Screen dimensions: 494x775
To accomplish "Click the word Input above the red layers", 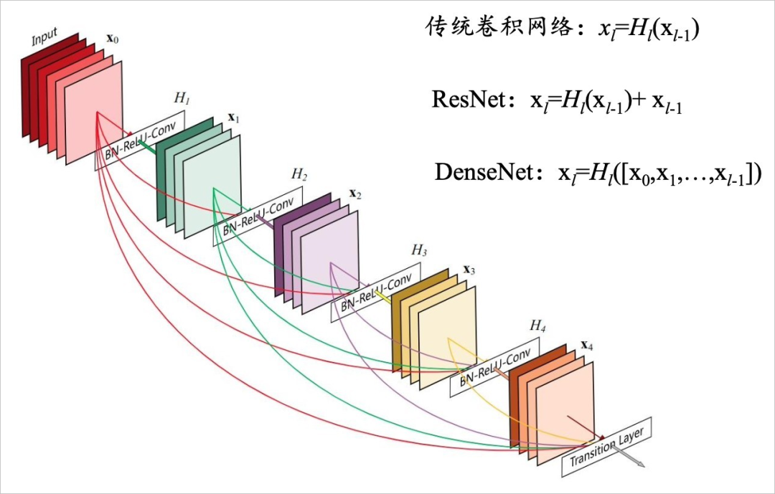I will pos(44,37).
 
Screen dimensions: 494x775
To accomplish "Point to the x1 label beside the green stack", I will pos(233,117).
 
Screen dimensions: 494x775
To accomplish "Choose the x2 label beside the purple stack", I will pos(354,194).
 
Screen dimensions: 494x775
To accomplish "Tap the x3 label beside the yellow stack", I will pos(469,270).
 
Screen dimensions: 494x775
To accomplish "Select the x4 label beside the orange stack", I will pos(586,345).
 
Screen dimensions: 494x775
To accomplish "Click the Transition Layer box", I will pos(606,447).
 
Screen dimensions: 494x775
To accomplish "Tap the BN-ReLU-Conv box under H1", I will pos(144,140).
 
